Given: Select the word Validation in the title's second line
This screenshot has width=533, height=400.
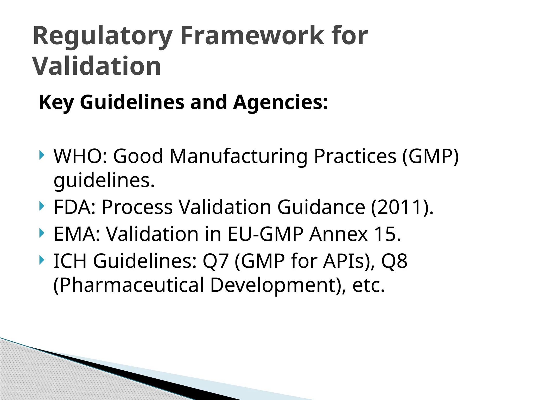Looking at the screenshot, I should (97, 66).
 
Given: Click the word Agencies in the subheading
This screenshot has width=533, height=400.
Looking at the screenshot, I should (280, 102).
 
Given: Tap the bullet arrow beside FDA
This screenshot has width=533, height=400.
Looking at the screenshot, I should (42, 206).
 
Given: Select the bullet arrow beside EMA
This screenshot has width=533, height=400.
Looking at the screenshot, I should (42, 233).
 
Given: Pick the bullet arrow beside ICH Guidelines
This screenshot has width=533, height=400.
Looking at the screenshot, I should (42, 260).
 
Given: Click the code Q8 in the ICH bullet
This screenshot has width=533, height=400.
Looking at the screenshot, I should (394, 261).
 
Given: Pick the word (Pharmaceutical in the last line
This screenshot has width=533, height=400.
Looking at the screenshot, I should (129, 285).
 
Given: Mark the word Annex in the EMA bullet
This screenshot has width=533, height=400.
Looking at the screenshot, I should (339, 234).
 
